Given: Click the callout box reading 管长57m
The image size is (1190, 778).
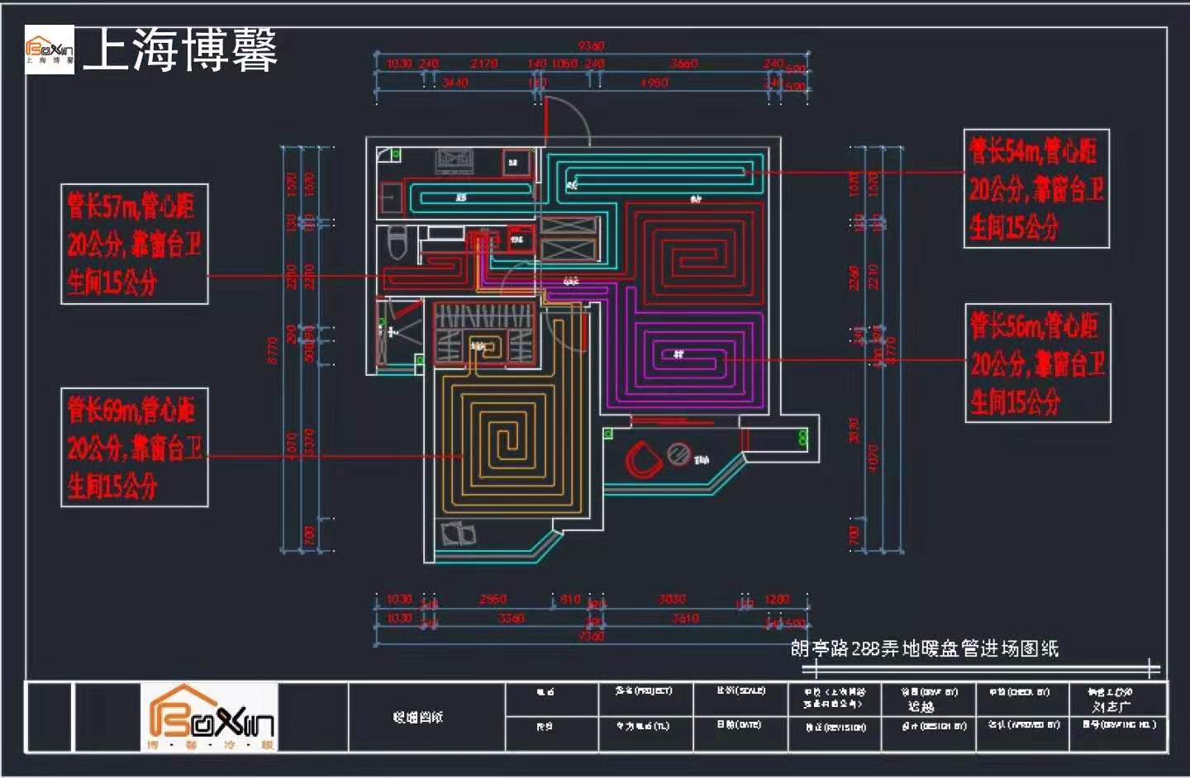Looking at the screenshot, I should click(134, 244).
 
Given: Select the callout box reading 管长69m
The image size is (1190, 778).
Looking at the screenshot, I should click(134, 447).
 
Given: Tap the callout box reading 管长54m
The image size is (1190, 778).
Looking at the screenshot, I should click(1036, 188).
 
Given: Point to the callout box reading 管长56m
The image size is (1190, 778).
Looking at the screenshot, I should click(1037, 363).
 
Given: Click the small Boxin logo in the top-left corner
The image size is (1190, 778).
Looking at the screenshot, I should click(50, 50).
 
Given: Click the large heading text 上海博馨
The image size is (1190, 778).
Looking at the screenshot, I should click(180, 50).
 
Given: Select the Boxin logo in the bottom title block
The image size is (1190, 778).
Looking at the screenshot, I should click(210, 717).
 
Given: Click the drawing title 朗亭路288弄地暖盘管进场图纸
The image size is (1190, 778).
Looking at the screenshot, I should click(924, 648).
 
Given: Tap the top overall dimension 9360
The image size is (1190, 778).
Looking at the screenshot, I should click(591, 46).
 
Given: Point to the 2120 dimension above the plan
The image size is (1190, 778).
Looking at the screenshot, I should click(484, 64).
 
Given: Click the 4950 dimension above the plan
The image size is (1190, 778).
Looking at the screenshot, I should click(654, 83).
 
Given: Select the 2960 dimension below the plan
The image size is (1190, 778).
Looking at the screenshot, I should click(493, 599).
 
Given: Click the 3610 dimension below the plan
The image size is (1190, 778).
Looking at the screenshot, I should click(685, 618).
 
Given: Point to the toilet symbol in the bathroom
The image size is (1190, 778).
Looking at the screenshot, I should click(397, 241).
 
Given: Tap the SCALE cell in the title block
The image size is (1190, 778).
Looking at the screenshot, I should click(740, 690).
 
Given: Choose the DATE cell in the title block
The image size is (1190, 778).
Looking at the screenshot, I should click(740, 725).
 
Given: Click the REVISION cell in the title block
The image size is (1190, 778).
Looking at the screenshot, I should click(834, 727).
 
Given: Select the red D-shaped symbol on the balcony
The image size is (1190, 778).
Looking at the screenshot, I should click(641, 459).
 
